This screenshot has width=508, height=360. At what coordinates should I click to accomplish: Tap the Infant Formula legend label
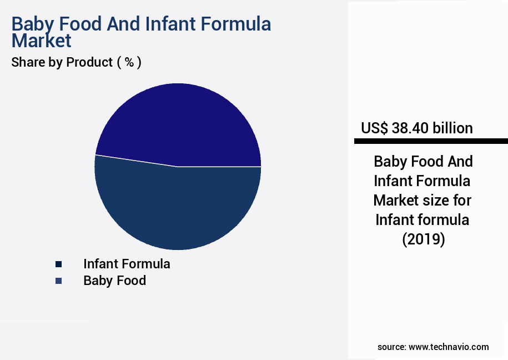[x=127, y=263]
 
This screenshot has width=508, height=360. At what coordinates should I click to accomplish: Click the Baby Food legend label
[x=114, y=281]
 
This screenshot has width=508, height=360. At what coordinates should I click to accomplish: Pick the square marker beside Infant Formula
[x=58, y=264]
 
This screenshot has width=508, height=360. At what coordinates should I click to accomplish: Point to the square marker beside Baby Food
[x=58, y=281]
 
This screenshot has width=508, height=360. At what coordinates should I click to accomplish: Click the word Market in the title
[x=42, y=41]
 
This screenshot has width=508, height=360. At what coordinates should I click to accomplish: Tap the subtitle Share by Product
[x=62, y=62]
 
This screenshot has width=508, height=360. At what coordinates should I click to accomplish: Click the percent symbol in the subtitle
[x=129, y=62]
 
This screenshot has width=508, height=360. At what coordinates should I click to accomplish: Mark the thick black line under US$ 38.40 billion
[x=431, y=142]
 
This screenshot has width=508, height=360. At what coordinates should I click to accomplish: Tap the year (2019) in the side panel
[x=423, y=239]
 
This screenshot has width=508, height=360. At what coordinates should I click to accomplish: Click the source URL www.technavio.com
[x=449, y=347]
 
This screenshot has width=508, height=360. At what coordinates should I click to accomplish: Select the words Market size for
[x=423, y=200]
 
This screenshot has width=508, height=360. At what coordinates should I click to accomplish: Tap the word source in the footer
[x=390, y=347]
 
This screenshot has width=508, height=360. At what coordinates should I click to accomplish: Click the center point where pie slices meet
[x=178, y=166]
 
